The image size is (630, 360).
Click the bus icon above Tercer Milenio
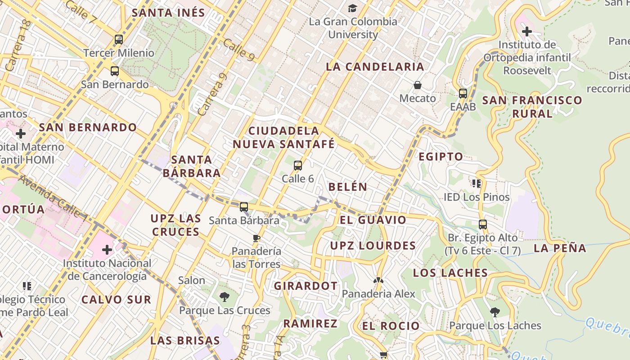pos(119,40)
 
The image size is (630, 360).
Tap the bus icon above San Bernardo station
pos(115,71)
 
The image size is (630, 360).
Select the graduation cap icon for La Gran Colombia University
pos(352,8)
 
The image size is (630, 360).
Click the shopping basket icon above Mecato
pos(418,85)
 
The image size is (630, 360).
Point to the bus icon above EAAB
pos(463,94)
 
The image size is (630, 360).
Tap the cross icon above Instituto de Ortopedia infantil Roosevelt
pos(527,31)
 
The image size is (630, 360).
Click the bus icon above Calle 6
pos(298,166)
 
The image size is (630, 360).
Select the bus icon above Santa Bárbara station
pos(244,207)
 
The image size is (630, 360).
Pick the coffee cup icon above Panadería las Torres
pos(256,238)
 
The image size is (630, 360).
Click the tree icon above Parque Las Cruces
pos(225,297)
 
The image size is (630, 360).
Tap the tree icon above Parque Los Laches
pos(495,312)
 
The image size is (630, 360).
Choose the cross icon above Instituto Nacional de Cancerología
pos(107,249)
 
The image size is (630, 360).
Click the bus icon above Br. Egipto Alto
pos(483,224)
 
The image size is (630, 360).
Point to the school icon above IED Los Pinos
pos(477,184)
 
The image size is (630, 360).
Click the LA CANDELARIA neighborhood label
pos(375,67)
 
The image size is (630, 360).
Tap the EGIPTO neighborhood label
pos(441,157)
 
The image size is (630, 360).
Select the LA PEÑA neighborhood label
pos(560,248)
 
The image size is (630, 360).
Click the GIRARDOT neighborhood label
pos(306,286)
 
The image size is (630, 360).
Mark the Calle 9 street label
pos(238,49)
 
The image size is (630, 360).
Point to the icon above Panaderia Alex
pos(378,280)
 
